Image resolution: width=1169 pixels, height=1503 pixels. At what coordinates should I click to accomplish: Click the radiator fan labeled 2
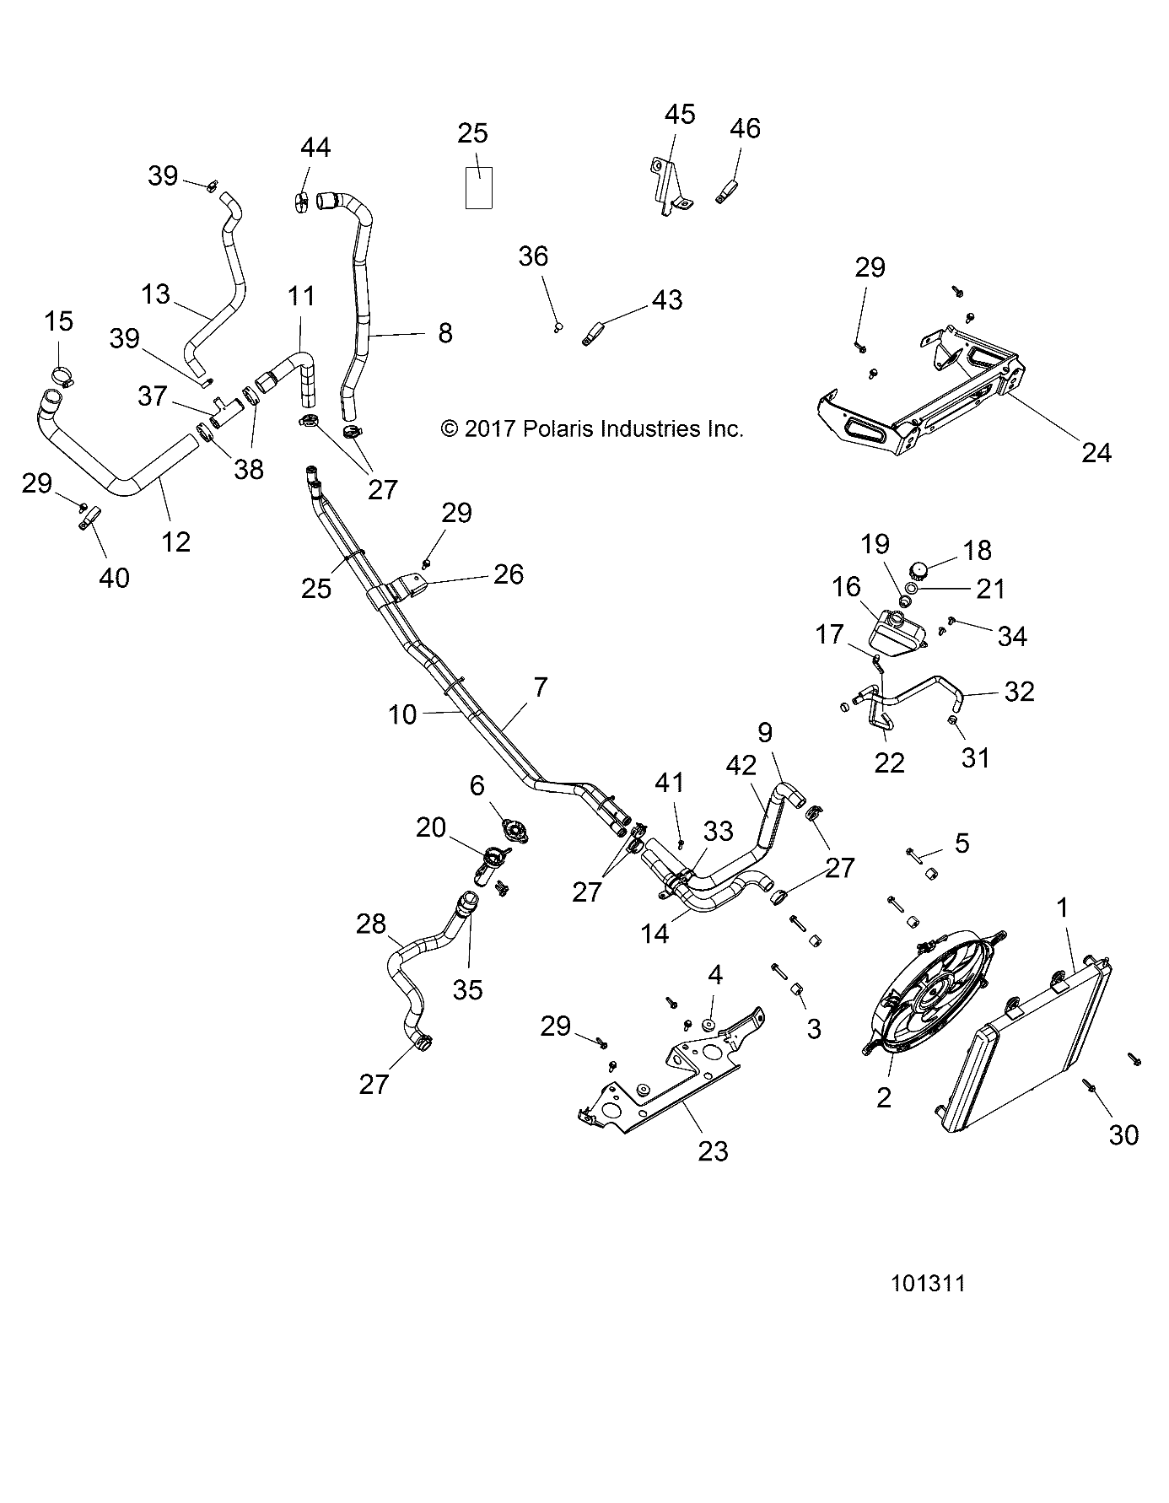(932, 992)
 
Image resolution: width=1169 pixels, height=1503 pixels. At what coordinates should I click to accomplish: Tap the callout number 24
(1096, 453)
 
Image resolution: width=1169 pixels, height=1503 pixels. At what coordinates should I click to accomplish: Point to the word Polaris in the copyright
(558, 428)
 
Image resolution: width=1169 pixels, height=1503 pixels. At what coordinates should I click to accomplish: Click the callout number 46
(745, 128)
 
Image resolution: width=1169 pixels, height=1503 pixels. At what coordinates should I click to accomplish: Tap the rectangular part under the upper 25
(479, 186)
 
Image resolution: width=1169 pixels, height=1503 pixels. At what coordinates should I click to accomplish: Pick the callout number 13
(156, 294)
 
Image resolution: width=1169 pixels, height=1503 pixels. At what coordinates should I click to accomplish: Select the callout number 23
(713, 1150)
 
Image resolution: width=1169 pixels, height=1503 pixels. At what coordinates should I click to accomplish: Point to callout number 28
(371, 924)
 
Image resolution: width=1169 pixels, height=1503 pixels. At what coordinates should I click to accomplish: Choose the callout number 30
(1123, 1135)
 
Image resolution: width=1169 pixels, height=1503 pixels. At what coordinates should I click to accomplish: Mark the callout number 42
(741, 765)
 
